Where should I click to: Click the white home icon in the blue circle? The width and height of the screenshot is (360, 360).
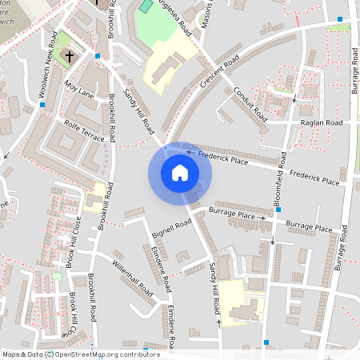pos(180,172)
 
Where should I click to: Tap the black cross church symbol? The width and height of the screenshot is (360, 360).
pos(70,57)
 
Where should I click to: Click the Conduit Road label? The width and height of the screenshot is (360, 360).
pos(251,105)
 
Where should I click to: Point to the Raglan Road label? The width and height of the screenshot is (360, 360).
pos(321,122)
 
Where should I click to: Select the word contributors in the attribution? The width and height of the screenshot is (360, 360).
pos(140,354)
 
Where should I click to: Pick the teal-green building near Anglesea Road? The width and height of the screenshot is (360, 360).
pos(145,6)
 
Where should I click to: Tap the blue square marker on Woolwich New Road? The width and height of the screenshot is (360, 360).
pos(42,105)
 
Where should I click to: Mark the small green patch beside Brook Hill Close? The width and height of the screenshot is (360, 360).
pos(57,276)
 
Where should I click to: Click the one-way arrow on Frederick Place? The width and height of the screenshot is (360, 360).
pos(190,151)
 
